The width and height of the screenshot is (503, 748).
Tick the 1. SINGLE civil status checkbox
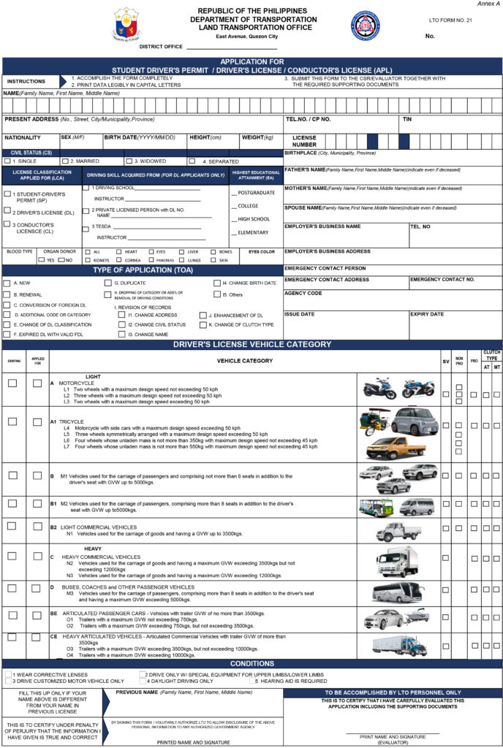click(7, 161)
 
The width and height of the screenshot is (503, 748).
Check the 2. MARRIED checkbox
click(65, 161)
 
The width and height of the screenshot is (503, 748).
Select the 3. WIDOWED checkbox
click(128, 161)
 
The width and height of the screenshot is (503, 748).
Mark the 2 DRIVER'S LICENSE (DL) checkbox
click(7, 211)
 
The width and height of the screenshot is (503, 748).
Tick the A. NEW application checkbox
click(7, 283)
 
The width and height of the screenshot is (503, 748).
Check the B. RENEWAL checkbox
click(7, 294)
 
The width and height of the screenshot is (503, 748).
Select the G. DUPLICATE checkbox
click(107, 283)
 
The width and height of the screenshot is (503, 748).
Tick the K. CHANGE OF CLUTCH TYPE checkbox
click(203, 324)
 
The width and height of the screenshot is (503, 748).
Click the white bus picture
click(397, 592)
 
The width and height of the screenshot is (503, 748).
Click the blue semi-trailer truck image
click(399, 645)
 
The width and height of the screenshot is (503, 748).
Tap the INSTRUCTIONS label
click(26, 81)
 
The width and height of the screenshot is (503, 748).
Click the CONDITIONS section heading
click(251, 663)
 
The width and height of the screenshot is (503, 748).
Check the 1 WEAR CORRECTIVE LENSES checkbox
click(7, 674)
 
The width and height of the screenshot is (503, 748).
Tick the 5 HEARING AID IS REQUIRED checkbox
click(252, 681)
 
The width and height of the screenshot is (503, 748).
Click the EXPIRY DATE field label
click(427, 314)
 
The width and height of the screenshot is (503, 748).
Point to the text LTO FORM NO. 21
click(450, 20)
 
